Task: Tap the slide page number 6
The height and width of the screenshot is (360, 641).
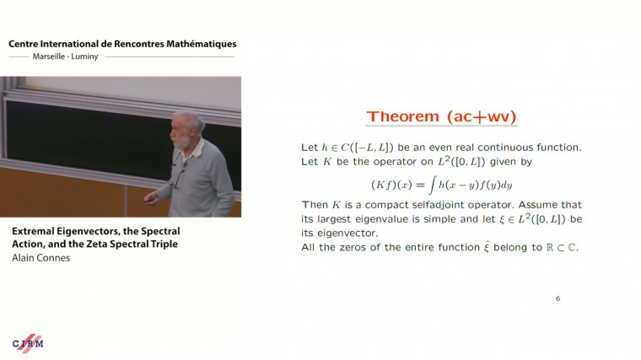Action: click(x=558, y=298)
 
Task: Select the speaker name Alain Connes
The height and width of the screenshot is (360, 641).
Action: click(x=41, y=258)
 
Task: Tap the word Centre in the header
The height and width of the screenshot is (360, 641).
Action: click(x=25, y=43)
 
